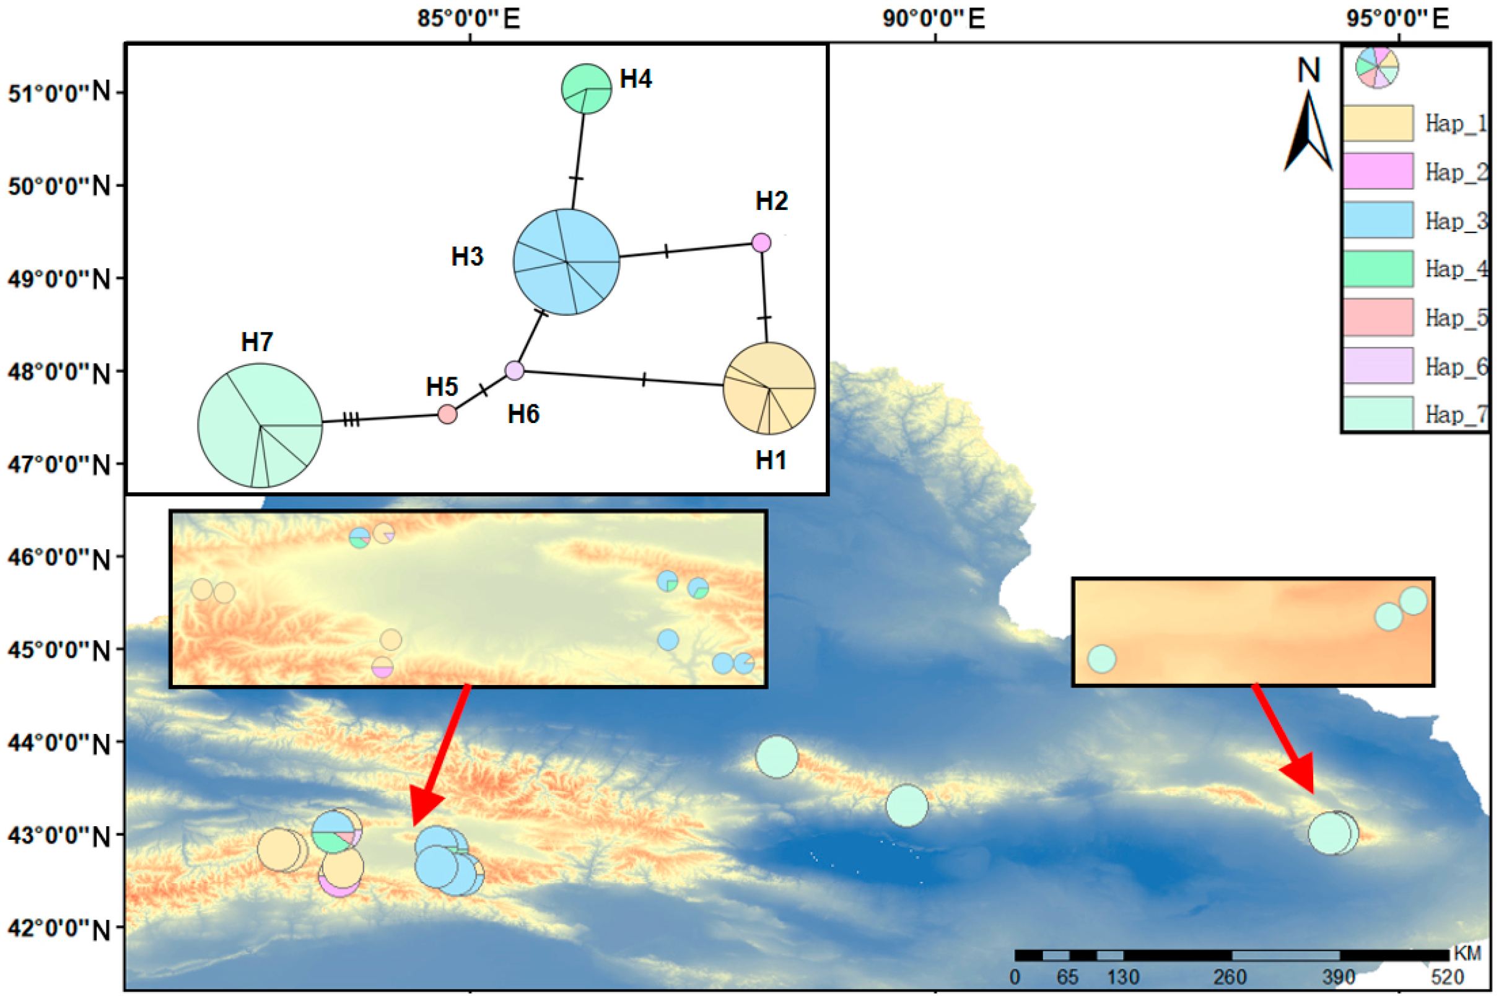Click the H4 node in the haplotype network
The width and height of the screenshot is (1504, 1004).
[586, 89]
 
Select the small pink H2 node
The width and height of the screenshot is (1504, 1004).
[761, 243]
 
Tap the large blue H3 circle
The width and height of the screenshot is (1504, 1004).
[566, 262]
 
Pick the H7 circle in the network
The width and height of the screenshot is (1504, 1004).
[260, 425]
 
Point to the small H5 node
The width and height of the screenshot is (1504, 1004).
[447, 414]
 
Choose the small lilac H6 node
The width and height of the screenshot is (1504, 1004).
[514, 370]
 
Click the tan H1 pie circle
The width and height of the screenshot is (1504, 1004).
[768, 388]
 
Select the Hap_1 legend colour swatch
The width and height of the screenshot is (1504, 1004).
[1377, 123]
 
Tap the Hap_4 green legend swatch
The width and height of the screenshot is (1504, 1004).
[1377, 268]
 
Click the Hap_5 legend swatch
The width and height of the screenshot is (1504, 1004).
[1377, 317]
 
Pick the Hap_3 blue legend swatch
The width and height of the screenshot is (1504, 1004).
[1377, 220]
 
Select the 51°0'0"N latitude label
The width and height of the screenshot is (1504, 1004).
[59, 93]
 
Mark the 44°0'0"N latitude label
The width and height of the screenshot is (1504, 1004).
[59, 743]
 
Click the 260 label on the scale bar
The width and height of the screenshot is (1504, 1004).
[1230, 977]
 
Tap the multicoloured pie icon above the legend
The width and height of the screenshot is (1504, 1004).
[1376, 67]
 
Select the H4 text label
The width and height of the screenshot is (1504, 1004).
[636, 79]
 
